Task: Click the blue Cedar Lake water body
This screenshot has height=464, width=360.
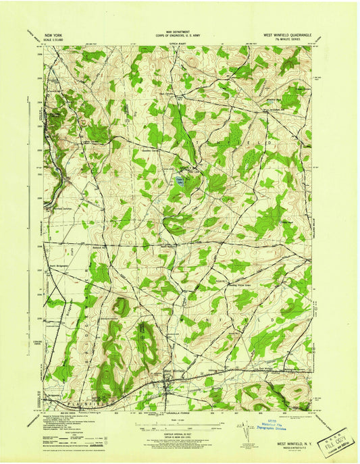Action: click(178, 180)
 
